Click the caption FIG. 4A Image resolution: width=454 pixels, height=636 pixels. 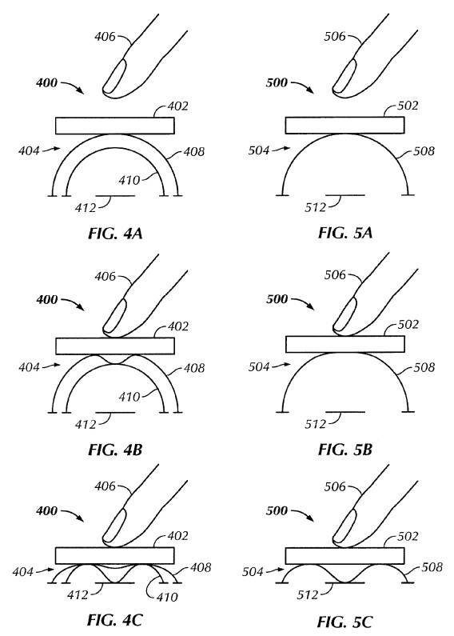point(115,234)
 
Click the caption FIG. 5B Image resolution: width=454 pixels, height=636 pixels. point(345,450)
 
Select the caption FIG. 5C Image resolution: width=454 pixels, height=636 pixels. point(344,622)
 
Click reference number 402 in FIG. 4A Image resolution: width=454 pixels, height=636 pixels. point(177,106)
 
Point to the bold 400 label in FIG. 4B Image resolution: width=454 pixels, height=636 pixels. point(46,300)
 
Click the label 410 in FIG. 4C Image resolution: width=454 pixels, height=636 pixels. point(166,597)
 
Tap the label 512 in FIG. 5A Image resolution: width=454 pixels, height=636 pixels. point(316,207)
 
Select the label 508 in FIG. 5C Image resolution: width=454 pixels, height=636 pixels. point(432,566)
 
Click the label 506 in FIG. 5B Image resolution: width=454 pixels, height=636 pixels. point(335,275)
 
